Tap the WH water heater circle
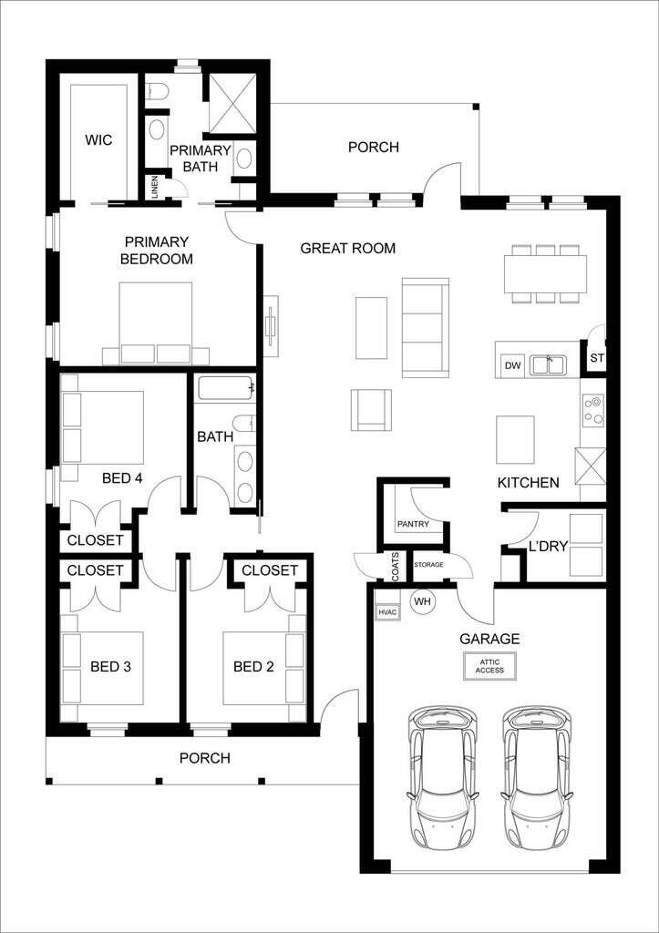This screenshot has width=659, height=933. point(422,602)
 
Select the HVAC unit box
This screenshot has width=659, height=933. point(387,612)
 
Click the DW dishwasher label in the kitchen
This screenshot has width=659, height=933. point(512,366)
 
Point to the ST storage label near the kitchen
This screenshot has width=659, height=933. point(597,358)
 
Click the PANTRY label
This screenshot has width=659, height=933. point(412,525)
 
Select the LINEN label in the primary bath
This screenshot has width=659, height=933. point(155,187)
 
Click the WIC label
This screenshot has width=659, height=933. point(98,140)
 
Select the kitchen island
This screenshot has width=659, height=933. point(515,439)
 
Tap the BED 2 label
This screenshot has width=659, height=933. point(253,667)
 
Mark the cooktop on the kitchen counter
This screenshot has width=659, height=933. point(593,410)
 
